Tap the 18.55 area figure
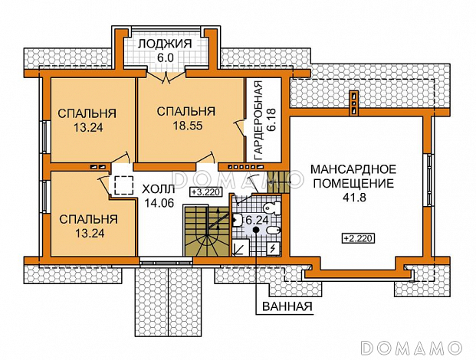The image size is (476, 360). click(185, 127)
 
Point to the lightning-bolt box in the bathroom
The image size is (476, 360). click(272, 249)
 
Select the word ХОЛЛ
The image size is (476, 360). click(159, 188)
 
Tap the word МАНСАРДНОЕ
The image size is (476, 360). click(352, 169)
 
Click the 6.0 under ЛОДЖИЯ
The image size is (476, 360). click(166, 57)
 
